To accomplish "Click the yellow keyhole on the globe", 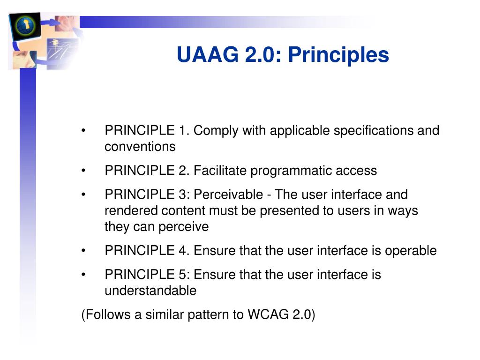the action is pyautogui.click(x=27, y=24).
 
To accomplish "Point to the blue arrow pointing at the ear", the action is pyautogui.click(x=49, y=22).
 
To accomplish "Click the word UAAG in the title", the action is pyautogui.click(x=207, y=55).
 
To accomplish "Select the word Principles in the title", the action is pyautogui.click(x=338, y=55).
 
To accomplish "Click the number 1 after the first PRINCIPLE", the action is pyautogui.click(x=182, y=130).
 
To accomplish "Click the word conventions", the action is pyautogui.click(x=140, y=147).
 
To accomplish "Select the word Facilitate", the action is pyautogui.click(x=220, y=171).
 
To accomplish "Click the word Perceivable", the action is pyautogui.click(x=228, y=195).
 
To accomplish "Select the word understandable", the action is pyautogui.click(x=150, y=291).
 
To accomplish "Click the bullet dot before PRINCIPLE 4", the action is pyautogui.click(x=83, y=251).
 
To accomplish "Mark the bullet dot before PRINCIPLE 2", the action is pyautogui.click(x=83, y=171).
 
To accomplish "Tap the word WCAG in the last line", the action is pyautogui.click(x=268, y=315).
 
